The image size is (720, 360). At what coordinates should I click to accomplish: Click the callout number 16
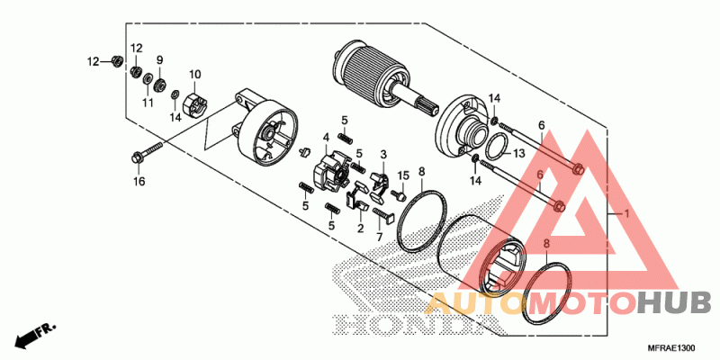[139, 182]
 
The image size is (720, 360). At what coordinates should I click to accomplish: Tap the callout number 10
[194, 74]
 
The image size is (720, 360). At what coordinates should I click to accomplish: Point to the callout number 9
[160, 60]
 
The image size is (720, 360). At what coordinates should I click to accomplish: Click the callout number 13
[518, 154]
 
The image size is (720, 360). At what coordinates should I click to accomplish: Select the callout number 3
[382, 155]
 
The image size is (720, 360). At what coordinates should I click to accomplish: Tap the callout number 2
[360, 228]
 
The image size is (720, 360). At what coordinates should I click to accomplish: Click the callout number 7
[380, 237]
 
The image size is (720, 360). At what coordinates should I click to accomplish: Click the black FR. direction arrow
[31, 335]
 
